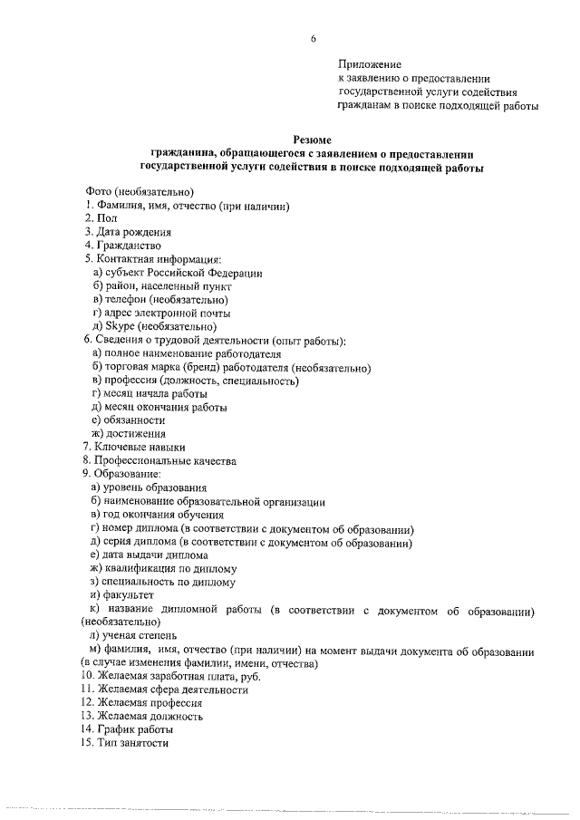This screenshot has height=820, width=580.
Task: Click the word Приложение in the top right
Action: (x=369, y=64)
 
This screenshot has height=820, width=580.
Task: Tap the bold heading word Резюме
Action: (x=313, y=140)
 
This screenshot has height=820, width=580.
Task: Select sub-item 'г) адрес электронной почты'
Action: (x=155, y=313)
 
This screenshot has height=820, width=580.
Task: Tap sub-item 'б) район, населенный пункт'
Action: (x=155, y=285)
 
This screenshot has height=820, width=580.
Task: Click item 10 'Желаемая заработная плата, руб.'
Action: (x=165, y=675)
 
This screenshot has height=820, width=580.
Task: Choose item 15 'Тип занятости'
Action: (x=125, y=743)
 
